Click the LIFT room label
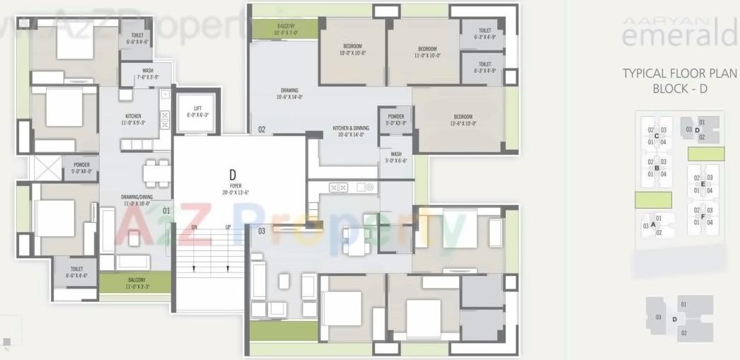pyautogui.click(x=197, y=110)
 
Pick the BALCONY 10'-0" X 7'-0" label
pyautogui.click(x=287, y=30)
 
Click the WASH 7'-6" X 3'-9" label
pyautogui.click(x=147, y=74)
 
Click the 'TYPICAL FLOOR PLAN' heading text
pyautogui.click(x=679, y=74)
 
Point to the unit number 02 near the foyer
pyautogui.click(x=261, y=129)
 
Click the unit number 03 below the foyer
pyautogui.click(x=261, y=231)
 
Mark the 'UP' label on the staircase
pyautogui.click(x=229, y=227)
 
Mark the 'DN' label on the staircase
pyautogui.click(x=195, y=227)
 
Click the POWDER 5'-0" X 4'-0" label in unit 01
pyautogui.click(x=81, y=168)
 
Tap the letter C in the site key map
pyautogui.click(x=657, y=136)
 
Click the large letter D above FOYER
pyautogui.click(x=232, y=173)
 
